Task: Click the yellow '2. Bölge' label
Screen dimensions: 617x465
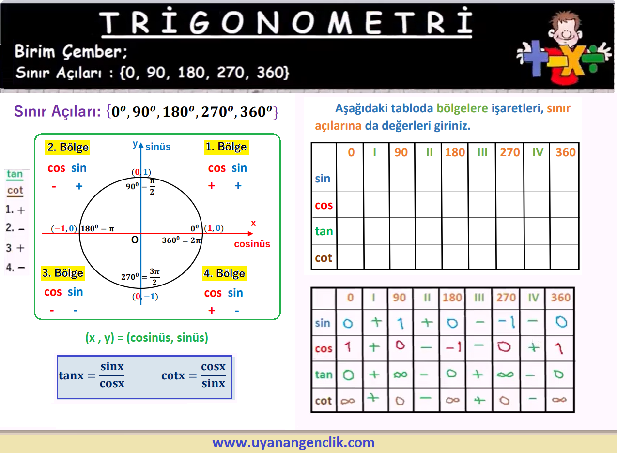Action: pyautogui.click(x=67, y=148)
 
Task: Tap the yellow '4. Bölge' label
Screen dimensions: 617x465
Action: pyautogui.click(x=224, y=273)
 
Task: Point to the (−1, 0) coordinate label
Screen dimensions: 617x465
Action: pyautogui.click(x=64, y=228)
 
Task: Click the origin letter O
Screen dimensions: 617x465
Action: pyautogui.click(x=135, y=240)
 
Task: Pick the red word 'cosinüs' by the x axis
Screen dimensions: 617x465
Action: pyautogui.click(x=252, y=244)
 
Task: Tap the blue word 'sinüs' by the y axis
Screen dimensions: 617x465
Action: pyautogui.click(x=158, y=147)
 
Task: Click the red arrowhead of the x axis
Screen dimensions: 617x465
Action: pyautogui.click(x=250, y=233)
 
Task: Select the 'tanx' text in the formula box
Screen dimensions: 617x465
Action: pyautogui.click(x=71, y=375)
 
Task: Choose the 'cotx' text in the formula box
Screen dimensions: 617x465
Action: pyautogui.click(x=173, y=375)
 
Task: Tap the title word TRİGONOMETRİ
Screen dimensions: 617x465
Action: pyautogui.click(x=286, y=22)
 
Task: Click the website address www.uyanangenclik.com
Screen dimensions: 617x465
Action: pyautogui.click(x=293, y=443)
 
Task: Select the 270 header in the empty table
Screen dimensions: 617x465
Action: pyautogui.click(x=509, y=152)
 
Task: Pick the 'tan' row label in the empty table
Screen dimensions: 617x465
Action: pyautogui.click(x=324, y=231)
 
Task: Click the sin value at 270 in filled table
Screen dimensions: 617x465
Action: pyautogui.click(x=507, y=322)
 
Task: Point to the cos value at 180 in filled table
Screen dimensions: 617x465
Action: pyautogui.click(x=453, y=348)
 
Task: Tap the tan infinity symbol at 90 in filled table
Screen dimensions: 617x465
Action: pyautogui.click(x=401, y=375)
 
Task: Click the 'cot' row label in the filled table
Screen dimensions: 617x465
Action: pyautogui.click(x=323, y=401)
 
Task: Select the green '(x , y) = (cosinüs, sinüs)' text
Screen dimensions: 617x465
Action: pyautogui.click(x=147, y=338)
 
